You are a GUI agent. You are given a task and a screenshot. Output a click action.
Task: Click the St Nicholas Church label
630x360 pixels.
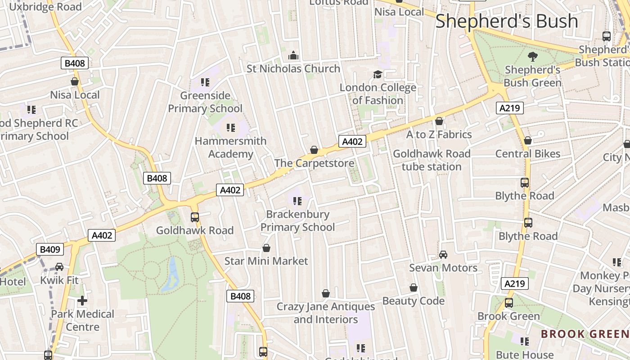click(x=293, y=69)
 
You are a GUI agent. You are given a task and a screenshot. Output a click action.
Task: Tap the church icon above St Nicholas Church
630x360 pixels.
click(x=293, y=56)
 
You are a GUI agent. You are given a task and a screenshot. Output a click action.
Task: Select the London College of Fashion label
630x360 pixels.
click(x=378, y=94)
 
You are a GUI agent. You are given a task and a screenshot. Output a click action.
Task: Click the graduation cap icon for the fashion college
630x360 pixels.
click(x=377, y=74)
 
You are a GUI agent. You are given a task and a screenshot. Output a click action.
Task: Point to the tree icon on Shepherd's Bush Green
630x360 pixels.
click(x=532, y=56)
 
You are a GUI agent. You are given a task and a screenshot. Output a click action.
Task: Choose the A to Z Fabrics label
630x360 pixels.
click(x=439, y=135)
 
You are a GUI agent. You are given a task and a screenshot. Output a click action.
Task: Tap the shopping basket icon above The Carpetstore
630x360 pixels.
click(x=314, y=150)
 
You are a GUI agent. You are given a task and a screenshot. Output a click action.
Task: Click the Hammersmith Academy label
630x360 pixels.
click(x=230, y=148)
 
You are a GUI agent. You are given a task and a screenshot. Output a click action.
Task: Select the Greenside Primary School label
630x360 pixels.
click(x=205, y=102)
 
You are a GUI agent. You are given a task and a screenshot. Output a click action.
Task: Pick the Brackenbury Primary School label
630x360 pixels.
click(x=297, y=220)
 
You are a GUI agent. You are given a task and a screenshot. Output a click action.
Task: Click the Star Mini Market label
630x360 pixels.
click(x=266, y=261)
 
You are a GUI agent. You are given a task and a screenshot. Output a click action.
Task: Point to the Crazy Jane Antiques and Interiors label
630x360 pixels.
click(x=325, y=313)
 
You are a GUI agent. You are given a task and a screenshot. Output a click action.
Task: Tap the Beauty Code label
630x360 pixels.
click(x=413, y=301)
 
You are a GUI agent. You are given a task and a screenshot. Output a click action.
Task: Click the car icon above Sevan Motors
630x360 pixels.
click(x=443, y=255)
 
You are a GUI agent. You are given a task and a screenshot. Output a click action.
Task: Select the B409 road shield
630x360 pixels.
click(x=50, y=249)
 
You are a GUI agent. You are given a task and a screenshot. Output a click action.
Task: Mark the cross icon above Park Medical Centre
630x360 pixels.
click(x=82, y=301)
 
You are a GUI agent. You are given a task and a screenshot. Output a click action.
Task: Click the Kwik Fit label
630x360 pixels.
click(x=59, y=280)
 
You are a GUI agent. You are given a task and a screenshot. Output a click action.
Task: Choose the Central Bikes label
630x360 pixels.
click(x=528, y=154)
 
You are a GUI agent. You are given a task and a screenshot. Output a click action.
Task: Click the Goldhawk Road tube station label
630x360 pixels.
click(x=432, y=160)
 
